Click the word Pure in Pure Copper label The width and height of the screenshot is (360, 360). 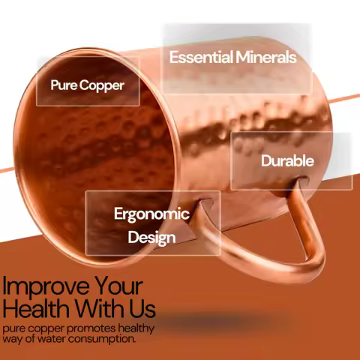(64, 85)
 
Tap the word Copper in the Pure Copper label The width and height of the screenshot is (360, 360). (102, 86)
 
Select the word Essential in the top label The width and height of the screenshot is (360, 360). (201, 57)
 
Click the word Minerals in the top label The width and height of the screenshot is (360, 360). (265, 57)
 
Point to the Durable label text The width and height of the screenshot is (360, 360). (287, 160)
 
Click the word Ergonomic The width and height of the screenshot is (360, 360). (151, 214)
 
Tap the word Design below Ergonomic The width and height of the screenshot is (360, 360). (151, 238)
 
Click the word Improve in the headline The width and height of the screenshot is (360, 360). (45, 286)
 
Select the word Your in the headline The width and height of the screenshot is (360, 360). (118, 286)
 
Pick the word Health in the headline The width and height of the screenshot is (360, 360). (36, 308)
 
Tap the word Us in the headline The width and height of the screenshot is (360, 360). (142, 308)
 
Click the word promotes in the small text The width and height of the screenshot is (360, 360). (91, 328)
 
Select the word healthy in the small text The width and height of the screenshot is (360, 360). (136, 328)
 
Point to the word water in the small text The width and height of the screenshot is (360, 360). (52, 339)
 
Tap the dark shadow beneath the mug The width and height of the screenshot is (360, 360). (220, 321)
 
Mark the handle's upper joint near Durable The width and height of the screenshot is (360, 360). (298, 181)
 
